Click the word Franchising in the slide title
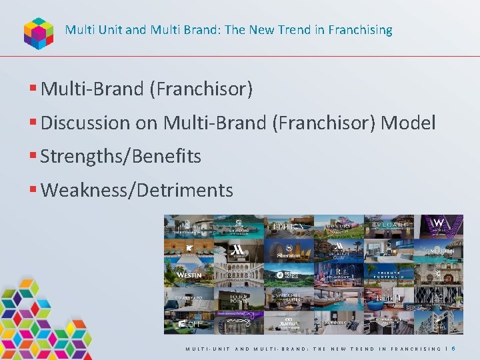[363, 30]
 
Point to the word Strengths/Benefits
[121, 157]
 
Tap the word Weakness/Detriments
[137, 191]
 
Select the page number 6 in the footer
[453, 349]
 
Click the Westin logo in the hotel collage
[189, 275]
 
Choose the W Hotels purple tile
[439, 225]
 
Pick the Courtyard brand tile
[189, 298]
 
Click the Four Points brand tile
[239, 298]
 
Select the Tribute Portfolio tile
[389, 274]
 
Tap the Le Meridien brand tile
[439, 250]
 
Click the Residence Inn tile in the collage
[339, 322]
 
